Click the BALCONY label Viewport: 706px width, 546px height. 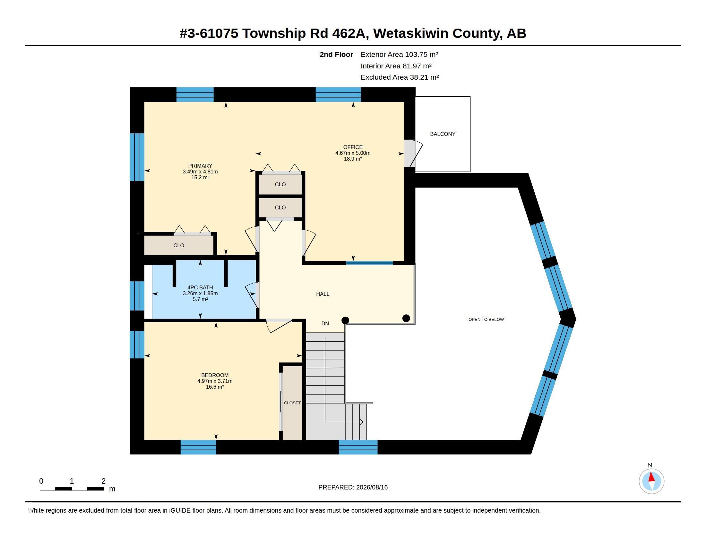pyautogui.click(x=443, y=134)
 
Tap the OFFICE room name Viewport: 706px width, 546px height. pyautogui.click(x=353, y=147)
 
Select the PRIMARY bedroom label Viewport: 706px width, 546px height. pyautogui.click(x=200, y=166)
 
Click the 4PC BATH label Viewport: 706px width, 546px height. pyautogui.click(x=200, y=287)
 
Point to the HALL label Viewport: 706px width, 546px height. pyautogui.click(x=323, y=294)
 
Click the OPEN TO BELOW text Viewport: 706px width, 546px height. pyautogui.click(x=486, y=319)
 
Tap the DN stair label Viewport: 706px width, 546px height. pyautogui.click(x=325, y=323)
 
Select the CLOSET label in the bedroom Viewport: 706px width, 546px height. pyautogui.click(x=292, y=403)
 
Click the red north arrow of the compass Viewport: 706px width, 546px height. pyautogui.click(x=652, y=477)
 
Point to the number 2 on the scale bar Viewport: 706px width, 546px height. pyautogui.click(x=103, y=481)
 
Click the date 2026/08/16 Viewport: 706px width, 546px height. pyautogui.click(x=372, y=488)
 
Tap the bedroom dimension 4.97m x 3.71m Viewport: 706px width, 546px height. pyautogui.click(x=215, y=381)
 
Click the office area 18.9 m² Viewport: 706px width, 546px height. pyautogui.click(x=353, y=159)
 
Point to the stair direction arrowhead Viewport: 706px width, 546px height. pyautogui.click(x=361, y=422)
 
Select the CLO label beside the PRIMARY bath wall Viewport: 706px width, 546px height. pyautogui.click(x=179, y=245)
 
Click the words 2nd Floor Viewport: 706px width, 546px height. pyautogui.click(x=336, y=54)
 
